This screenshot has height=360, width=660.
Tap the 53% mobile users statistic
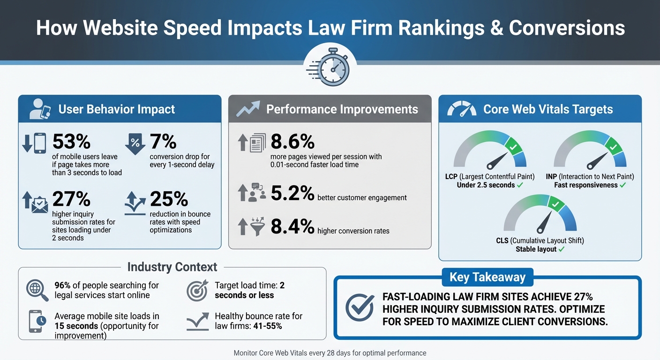click(71, 142)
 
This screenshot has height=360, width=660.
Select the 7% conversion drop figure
click(163, 142)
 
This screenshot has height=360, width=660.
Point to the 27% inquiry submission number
click(71, 199)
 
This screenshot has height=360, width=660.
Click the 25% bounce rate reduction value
click(169, 199)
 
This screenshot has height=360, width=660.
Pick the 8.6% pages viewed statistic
click(292, 142)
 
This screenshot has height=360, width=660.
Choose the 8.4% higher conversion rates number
click(292, 226)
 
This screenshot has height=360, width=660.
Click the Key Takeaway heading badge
click(487, 277)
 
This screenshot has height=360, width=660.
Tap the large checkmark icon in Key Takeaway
click(360, 307)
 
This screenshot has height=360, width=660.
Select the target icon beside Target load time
click(197, 290)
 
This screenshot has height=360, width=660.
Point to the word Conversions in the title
click(567, 28)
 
